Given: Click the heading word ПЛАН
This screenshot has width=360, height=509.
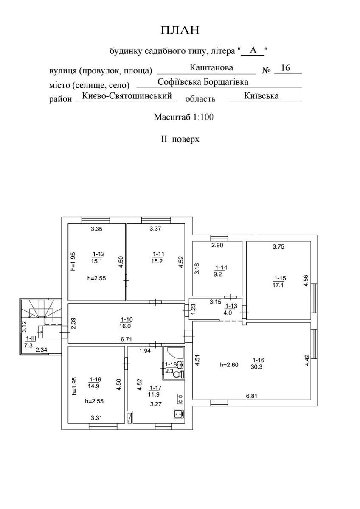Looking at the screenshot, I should point(180,30).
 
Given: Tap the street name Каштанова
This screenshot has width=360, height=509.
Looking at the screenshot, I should point(211,68).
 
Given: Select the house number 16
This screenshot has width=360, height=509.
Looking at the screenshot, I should point(285,68).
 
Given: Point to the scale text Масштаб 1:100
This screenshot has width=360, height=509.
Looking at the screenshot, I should point(183,117).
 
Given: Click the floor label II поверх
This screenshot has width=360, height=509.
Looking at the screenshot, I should point(180,139).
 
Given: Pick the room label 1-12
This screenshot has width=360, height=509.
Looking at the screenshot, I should point(98,255).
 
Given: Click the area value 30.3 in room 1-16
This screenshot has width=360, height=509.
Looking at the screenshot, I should point(256,367).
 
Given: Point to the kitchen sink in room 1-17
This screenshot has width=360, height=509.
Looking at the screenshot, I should point(178,414).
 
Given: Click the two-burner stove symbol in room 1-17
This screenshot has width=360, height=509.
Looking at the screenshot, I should point(180,398).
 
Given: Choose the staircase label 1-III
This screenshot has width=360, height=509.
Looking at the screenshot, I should point(31,338).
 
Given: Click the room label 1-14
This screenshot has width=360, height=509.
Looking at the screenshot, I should point(221,268).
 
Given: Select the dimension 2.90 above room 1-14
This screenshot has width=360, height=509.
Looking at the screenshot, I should point(217,245).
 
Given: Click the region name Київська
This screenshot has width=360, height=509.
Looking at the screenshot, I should point(262,96).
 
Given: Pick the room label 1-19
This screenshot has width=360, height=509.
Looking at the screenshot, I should point(96,379).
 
